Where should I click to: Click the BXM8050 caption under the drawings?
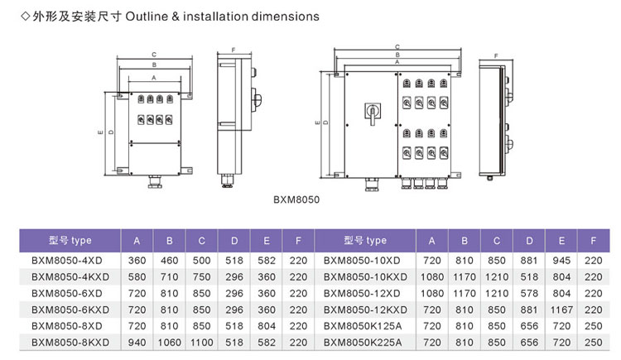[x=296, y=199]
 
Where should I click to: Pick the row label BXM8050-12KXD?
[x=364, y=309]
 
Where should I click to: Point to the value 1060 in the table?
[x=170, y=342]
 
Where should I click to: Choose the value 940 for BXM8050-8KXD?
[x=137, y=342]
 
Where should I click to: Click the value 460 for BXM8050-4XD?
[x=170, y=259]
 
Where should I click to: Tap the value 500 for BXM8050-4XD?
[x=202, y=259]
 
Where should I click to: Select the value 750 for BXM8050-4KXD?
[x=202, y=276]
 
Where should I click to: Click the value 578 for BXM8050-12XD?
[x=529, y=292]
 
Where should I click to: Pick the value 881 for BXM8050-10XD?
[x=529, y=259]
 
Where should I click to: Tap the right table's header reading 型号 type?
[x=364, y=241]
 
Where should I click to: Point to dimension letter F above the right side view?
[x=495, y=56]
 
